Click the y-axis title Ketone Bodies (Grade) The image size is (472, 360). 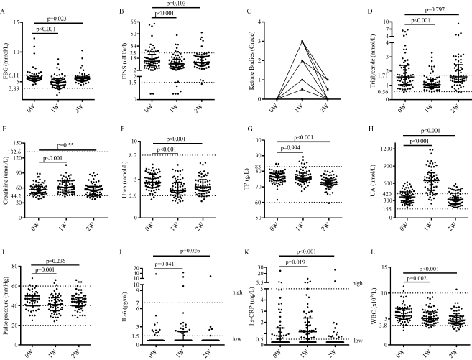pyautogui.click(x=247, y=57)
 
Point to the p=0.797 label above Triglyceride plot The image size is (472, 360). pyautogui.click(x=417, y=8)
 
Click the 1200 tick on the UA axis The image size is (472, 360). pyautogui.click(x=372, y=148)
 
